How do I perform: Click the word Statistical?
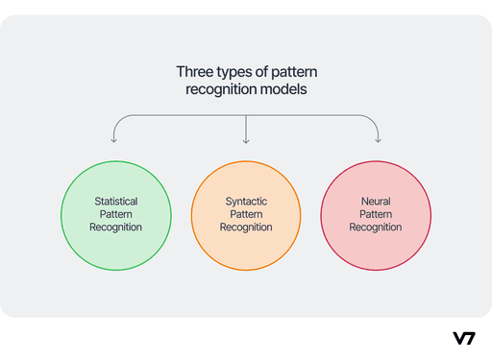click(115, 202)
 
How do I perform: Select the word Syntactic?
click(246, 202)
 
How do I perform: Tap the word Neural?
click(375, 202)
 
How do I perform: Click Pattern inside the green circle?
click(115, 215)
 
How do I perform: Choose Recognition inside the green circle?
click(115, 228)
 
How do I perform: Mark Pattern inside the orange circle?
click(246, 215)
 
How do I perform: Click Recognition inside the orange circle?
click(246, 228)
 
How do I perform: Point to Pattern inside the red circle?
click(375, 215)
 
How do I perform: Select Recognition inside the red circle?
click(375, 228)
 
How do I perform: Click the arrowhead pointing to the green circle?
click(114, 140)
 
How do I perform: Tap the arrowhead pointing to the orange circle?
click(246, 140)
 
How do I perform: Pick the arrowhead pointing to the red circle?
click(377, 140)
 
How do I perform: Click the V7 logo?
click(463, 338)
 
